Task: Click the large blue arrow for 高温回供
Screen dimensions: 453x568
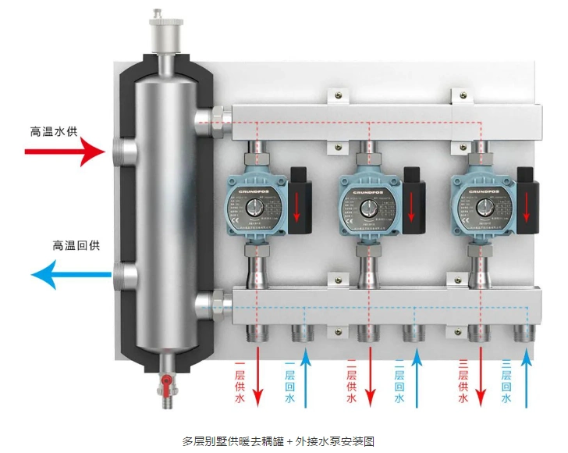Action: coord(70,274)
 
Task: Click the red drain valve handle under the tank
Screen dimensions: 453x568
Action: coord(165,383)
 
